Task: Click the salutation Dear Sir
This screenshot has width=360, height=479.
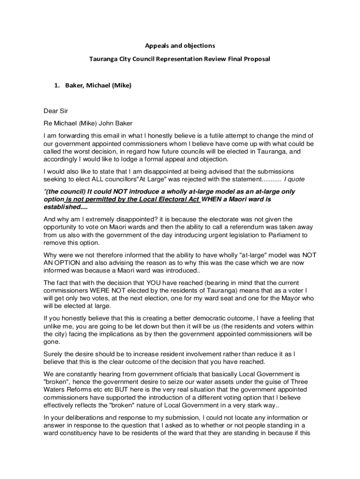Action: [x=56, y=111]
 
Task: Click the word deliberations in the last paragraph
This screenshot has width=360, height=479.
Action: [x=88, y=418]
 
